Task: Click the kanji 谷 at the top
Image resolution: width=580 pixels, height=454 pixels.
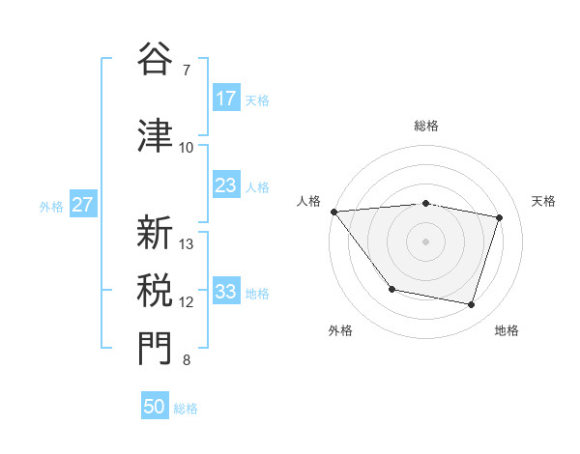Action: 155,60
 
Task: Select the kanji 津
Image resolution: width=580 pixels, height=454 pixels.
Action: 155,134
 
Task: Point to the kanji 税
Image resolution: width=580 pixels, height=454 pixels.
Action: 155,290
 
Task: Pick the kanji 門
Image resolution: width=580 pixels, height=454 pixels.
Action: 155,349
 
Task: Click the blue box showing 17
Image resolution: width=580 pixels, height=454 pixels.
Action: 226,99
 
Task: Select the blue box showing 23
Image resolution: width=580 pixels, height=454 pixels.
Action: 226,185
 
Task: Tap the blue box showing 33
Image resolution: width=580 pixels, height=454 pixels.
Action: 226,292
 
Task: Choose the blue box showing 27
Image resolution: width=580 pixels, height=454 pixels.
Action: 82,205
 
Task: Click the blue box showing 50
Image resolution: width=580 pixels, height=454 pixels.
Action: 155,407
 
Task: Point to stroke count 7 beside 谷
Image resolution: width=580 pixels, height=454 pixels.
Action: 186,71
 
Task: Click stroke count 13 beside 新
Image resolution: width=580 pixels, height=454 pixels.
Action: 187,243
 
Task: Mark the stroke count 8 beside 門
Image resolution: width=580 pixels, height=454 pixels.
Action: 186,361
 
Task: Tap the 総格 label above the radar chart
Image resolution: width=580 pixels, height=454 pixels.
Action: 425,126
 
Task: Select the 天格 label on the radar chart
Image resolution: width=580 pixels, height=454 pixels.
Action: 543,201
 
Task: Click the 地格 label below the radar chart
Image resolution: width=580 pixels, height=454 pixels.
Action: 507,331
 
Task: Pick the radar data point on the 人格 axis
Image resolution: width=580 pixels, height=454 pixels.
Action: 333,212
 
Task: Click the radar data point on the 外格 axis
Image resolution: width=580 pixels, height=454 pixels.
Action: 391,289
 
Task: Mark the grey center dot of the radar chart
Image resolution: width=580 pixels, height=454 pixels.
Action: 425,241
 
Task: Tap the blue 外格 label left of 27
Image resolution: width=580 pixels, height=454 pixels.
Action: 51,206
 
